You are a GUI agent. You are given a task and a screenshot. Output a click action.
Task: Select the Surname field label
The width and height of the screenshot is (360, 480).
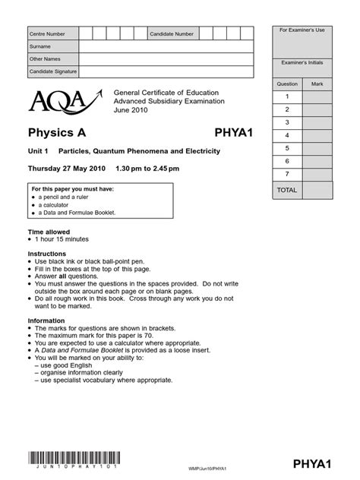[x=40, y=46]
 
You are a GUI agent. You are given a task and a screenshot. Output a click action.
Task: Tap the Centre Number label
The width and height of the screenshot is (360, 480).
[x=47, y=34]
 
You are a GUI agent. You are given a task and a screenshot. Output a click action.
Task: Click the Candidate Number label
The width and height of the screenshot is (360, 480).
[x=172, y=34]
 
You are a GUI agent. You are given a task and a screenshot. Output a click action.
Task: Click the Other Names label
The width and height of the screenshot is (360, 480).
[x=45, y=58]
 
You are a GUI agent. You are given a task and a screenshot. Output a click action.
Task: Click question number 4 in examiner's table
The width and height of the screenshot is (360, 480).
[x=287, y=135]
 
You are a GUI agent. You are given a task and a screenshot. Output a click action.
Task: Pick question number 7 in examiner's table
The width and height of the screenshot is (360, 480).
[x=287, y=174]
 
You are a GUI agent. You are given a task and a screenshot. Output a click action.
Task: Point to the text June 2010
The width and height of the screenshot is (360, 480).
[x=129, y=109]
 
